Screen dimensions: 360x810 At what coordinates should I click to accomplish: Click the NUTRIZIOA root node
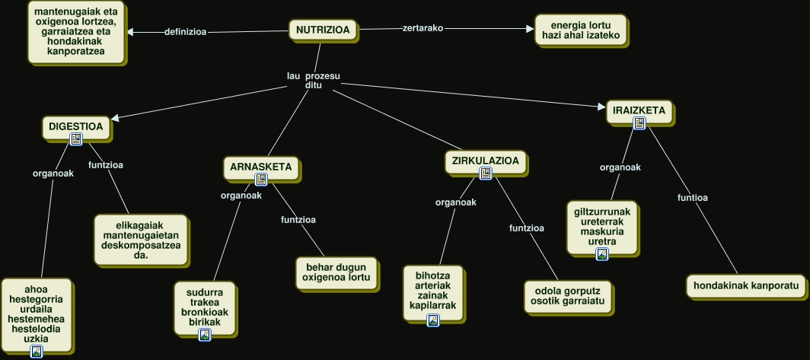click(x=322, y=30)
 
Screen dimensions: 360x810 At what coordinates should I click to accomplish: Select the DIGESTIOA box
click(x=75, y=126)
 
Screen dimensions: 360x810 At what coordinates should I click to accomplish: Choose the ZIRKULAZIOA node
click(x=485, y=161)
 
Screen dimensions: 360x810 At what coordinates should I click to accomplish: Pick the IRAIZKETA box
click(x=639, y=110)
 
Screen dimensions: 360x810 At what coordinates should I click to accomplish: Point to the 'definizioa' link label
click(x=186, y=32)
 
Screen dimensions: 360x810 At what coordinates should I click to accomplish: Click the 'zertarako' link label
click(x=423, y=28)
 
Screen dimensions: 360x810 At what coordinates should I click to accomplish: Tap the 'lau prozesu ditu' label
click(x=313, y=81)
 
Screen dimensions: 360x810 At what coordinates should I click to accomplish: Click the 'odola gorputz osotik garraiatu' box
click(x=567, y=296)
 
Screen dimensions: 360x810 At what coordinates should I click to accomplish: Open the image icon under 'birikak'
click(x=204, y=335)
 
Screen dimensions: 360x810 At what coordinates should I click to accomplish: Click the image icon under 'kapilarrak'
click(x=433, y=320)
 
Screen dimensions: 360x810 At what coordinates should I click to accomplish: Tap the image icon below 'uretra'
click(x=602, y=254)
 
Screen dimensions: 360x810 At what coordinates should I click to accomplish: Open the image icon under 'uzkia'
click(x=36, y=351)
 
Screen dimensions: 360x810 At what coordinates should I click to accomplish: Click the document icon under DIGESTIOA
click(x=75, y=139)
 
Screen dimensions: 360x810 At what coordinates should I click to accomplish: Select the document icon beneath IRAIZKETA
click(x=639, y=123)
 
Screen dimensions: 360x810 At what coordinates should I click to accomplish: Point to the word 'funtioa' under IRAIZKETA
click(x=693, y=198)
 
